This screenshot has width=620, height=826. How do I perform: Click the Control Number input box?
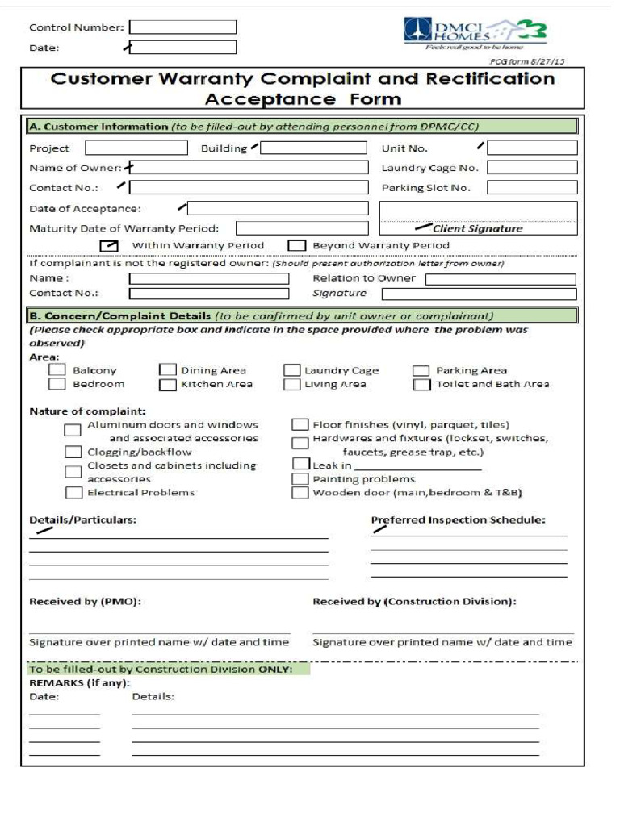183,27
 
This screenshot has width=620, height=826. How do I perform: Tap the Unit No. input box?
532,148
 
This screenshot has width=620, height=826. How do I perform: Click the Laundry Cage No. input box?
532,168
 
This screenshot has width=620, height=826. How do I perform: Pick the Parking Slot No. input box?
532,187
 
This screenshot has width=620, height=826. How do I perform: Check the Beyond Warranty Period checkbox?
297,245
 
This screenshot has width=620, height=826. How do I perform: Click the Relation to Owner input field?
501,279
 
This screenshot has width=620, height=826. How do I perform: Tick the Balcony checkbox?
57,369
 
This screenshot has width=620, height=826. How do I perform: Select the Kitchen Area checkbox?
167,385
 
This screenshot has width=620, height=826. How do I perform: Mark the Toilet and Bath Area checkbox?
421,385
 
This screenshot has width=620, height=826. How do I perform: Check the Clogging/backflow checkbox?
73,452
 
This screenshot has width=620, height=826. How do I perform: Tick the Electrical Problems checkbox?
73,492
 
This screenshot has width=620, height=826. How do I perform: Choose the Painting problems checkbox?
300,478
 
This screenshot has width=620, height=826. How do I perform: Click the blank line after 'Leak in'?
417,466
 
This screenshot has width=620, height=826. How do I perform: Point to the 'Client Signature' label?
477,228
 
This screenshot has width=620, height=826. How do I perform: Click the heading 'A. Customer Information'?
98,127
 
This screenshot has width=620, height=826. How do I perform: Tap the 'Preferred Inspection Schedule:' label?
458,519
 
